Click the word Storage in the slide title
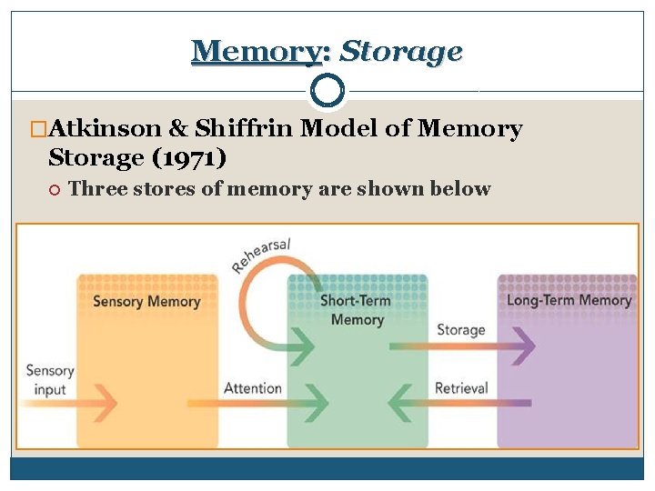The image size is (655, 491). [x=400, y=51]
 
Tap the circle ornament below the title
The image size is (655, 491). [x=327, y=90]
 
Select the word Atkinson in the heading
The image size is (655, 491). [x=114, y=129]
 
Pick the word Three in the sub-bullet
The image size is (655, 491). [x=95, y=189]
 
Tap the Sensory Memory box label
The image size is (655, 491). [x=146, y=301]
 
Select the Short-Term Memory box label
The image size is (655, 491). [x=357, y=309]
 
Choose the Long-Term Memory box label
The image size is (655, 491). [x=569, y=300]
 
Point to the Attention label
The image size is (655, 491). [x=252, y=388]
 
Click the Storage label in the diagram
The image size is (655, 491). [x=460, y=329]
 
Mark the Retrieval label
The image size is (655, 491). [x=461, y=388]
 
